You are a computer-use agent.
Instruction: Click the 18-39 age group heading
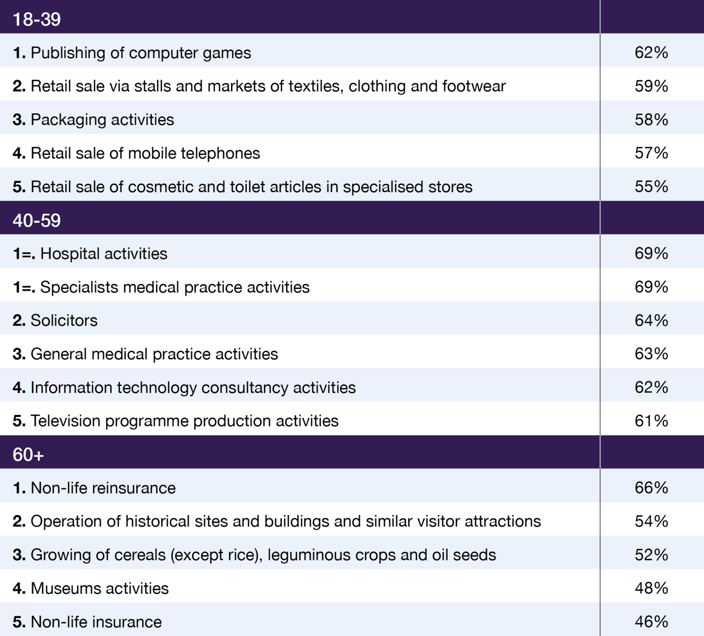[37, 19]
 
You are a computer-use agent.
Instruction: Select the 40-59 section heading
[37, 221]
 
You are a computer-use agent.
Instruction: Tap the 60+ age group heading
[28, 455]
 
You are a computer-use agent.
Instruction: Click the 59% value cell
[651, 86]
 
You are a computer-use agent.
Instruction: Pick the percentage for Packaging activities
[651, 120]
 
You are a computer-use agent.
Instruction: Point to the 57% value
[651, 153]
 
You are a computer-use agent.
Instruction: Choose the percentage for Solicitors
[651, 321]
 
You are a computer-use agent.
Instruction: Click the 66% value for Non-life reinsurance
[651, 488]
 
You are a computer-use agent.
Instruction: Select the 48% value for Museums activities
[651, 588]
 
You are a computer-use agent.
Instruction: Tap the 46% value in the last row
[651, 622]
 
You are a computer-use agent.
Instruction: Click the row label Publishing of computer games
[140, 53]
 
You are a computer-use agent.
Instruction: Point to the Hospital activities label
[104, 254]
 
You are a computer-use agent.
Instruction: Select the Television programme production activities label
[184, 421]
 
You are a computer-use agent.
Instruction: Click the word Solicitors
[64, 321]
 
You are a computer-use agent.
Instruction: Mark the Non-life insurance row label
[96, 622]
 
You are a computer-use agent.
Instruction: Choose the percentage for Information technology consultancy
[651, 387]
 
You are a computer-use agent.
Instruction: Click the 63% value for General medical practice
[651, 354]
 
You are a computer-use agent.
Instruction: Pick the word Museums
[63, 588]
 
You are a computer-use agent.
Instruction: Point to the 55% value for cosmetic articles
[651, 187]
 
